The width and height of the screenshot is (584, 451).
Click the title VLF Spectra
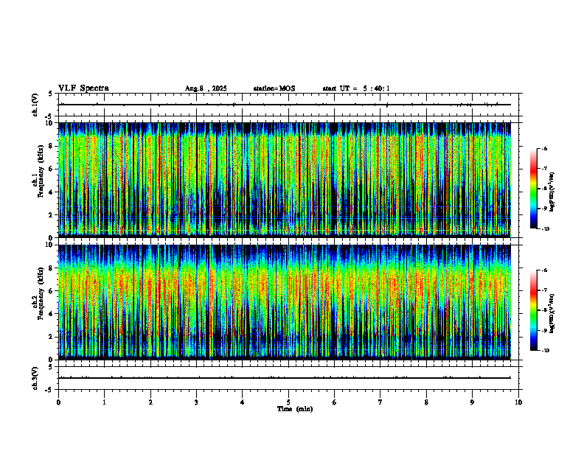[83, 88]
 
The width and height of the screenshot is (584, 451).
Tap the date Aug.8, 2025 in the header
[206, 88]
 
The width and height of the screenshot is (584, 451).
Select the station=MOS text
[274, 88]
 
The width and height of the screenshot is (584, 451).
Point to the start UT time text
[356, 88]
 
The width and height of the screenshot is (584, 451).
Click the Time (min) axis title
[294, 409]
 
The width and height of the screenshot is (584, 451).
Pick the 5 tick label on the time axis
[288, 402]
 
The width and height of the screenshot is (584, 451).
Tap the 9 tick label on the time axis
[473, 402]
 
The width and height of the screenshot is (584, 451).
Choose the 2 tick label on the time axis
[150, 402]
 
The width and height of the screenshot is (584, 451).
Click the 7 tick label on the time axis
[380, 402]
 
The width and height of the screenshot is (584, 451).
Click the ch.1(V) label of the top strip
[35, 105]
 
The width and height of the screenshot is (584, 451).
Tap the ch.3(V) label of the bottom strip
[35, 377]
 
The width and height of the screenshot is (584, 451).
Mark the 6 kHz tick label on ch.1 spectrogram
[52, 169]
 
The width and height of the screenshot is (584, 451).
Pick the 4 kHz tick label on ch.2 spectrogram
[52, 313]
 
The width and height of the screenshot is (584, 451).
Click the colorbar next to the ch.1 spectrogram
[533, 189]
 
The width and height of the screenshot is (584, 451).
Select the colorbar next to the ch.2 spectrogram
[533, 310]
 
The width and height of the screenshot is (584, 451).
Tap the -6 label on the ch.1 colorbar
[544, 149]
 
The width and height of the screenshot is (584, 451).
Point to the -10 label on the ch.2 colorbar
[546, 351]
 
